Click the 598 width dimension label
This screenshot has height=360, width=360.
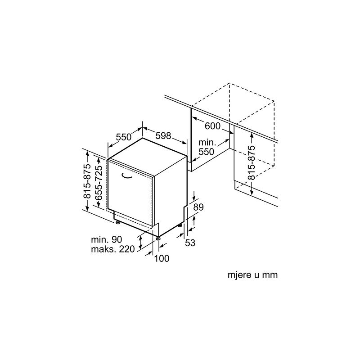click(x=163, y=136)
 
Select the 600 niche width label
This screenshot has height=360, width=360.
click(x=212, y=126)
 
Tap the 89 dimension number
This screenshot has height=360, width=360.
click(x=198, y=207)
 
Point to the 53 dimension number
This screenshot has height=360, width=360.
click(x=190, y=243)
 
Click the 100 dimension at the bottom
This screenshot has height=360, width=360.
click(x=162, y=258)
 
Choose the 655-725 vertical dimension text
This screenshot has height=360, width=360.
click(x=99, y=183)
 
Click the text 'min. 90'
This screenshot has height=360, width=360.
click(x=106, y=239)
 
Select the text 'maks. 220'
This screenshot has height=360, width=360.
click(x=113, y=249)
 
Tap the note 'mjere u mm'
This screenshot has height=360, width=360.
click(x=252, y=275)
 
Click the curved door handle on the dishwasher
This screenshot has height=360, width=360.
click(x=127, y=176)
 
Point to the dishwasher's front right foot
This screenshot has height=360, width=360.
click(x=158, y=238)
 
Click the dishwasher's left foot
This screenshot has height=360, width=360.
click(x=118, y=222)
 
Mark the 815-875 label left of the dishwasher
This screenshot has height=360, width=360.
click(x=87, y=181)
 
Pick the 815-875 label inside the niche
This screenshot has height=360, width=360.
click(x=252, y=162)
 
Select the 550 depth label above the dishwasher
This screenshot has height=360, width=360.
click(x=123, y=137)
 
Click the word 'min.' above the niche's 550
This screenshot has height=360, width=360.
click(x=207, y=143)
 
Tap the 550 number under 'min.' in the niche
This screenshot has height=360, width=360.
click(x=207, y=152)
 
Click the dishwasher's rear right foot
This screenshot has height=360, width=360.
click(x=179, y=225)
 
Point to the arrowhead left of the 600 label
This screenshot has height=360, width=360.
click(x=195, y=119)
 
